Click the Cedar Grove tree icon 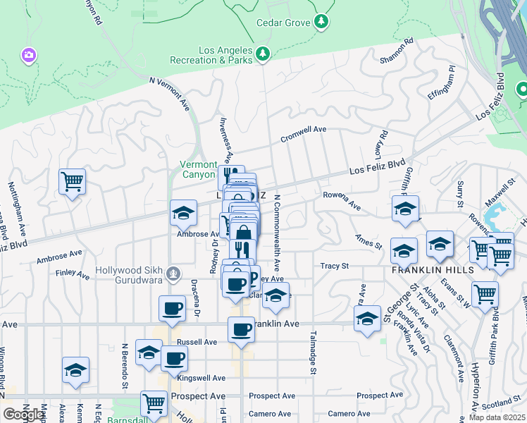pyautogui.click(x=321, y=23)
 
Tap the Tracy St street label pyautogui.click(x=335, y=266)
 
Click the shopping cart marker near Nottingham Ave pyautogui.click(x=72, y=182)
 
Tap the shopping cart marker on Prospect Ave pyautogui.click(x=154, y=404)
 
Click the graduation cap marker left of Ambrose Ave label pyautogui.click(x=183, y=213)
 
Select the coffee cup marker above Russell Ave pyautogui.click(x=173, y=308)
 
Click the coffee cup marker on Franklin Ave pyautogui.click(x=242, y=330)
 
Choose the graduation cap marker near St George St pyautogui.click(x=367, y=319)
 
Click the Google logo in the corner pyautogui.click(x=24, y=415)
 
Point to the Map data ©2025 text pyautogui.click(x=497, y=417)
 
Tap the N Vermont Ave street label pyautogui.click(x=170, y=92)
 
